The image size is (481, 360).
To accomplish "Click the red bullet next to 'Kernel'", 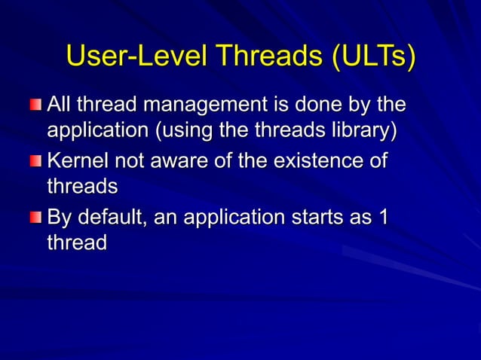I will click(37, 160).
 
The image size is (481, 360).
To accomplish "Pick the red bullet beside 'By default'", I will click(37, 218).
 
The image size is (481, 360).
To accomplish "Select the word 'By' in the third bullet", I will click(60, 218).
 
